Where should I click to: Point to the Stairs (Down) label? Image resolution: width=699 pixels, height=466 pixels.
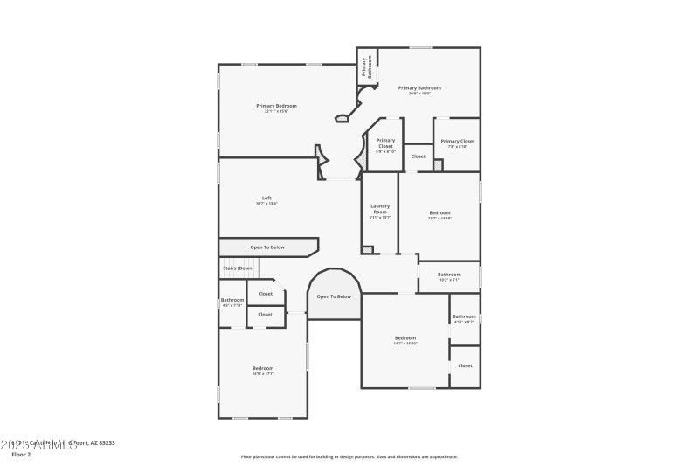coord(238,268)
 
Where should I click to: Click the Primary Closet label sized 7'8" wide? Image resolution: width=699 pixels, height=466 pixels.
coord(457,143)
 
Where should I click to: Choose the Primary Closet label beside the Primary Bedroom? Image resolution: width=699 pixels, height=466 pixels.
coord(385,145)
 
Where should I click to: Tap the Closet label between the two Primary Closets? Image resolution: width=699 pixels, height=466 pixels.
coord(418,156)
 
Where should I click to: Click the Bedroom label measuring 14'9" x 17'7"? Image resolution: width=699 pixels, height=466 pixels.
coord(263,370)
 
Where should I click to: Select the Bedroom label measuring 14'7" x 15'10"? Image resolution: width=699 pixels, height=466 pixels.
coord(405,340)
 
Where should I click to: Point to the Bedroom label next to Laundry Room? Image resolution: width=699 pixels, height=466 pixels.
coord(439,215)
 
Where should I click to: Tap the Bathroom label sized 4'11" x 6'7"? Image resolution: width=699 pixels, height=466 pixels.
coord(464,318)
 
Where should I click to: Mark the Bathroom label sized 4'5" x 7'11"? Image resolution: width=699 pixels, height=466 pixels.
coord(232,303)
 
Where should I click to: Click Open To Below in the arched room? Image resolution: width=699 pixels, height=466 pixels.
coord(334,296)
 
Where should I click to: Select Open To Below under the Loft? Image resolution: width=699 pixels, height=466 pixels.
coord(267,247)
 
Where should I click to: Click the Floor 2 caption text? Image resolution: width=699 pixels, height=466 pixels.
coord(21,455)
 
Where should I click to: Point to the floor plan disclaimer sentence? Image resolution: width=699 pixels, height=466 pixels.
coord(349,456)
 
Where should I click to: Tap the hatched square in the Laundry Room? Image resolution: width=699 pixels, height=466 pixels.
coord(367,250)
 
